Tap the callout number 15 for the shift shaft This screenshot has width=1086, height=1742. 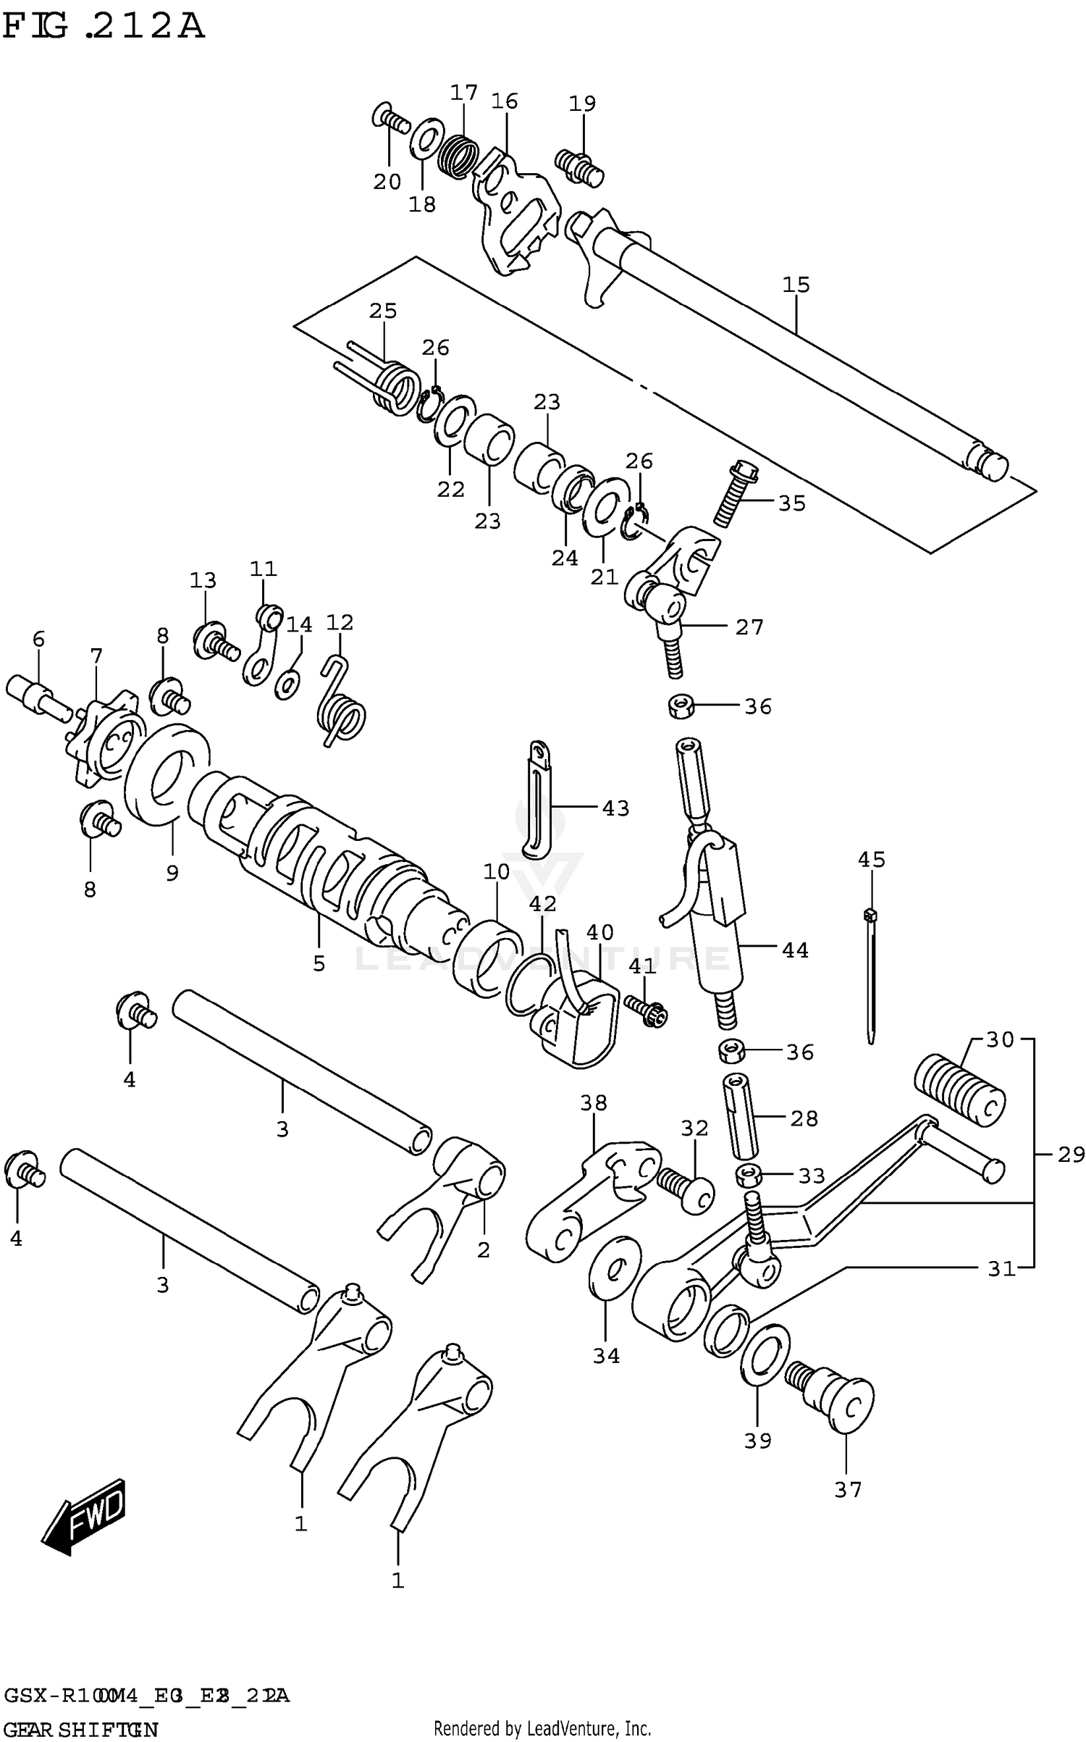pos(796,285)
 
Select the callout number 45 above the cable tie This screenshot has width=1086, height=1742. pos(871,860)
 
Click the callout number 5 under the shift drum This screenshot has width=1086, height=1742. pos(319,963)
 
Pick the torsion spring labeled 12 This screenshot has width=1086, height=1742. pos(341,707)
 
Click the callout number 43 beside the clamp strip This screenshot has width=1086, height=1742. pos(615,808)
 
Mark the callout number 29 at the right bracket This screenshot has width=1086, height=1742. pos(1071,1154)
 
